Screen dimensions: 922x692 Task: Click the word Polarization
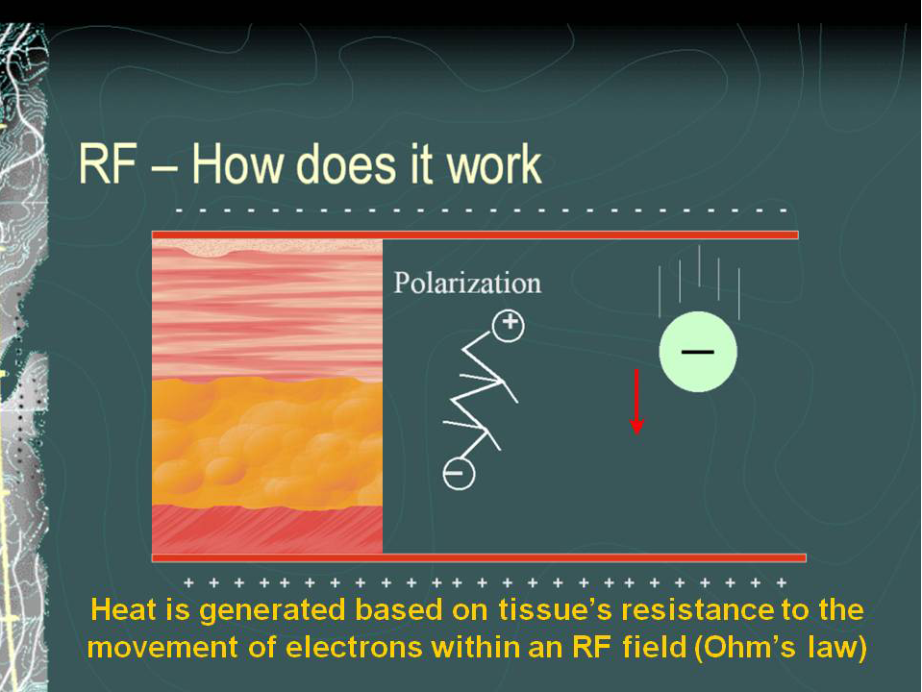click(x=467, y=284)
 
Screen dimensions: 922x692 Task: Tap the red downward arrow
click(x=636, y=402)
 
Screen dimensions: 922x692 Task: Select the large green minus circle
click(x=698, y=352)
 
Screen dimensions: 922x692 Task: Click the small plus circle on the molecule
click(x=509, y=325)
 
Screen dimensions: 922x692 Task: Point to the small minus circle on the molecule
click(x=459, y=474)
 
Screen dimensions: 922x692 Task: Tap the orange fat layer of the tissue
click(x=267, y=442)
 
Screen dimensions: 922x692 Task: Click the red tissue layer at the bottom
click(x=267, y=530)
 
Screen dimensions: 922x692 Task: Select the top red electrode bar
click(x=475, y=235)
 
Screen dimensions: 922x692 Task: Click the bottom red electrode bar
click(x=479, y=558)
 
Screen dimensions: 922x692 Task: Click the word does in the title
click(x=349, y=164)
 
